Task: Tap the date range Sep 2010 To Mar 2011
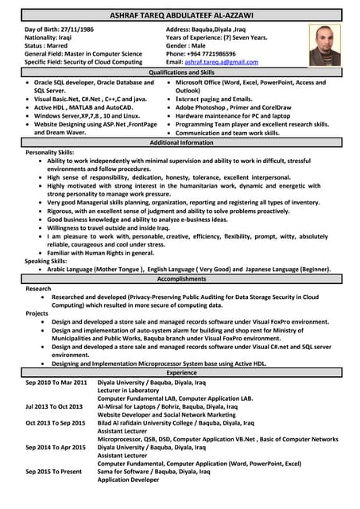point(56,383)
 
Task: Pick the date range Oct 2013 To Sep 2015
point(56,423)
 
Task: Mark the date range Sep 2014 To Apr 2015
point(56,447)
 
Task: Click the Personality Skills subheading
point(50,152)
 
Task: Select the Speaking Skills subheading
point(47,261)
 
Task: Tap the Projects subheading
point(37,313)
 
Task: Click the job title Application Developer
point(129,480)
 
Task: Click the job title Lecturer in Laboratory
point(129,390)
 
